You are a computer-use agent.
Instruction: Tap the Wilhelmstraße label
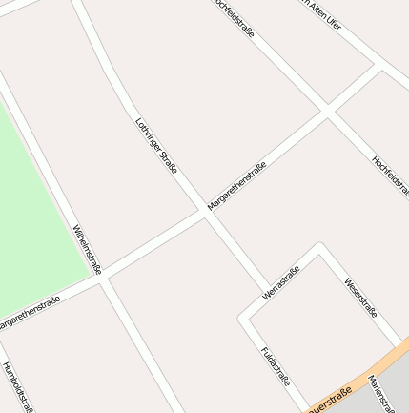pos(87,249)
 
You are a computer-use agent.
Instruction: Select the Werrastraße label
pos(281,282)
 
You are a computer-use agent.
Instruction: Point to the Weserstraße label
pos(361,298)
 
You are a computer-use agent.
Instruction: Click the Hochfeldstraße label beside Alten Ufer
pos(235,18)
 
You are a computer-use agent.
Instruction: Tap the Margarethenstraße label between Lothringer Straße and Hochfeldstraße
pos(236,185)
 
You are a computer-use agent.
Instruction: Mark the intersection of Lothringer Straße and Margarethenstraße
pos(205,213)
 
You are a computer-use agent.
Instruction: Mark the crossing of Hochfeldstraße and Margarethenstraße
pos(326,112)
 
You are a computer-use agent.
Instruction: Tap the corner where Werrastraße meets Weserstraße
pos(319,248)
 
